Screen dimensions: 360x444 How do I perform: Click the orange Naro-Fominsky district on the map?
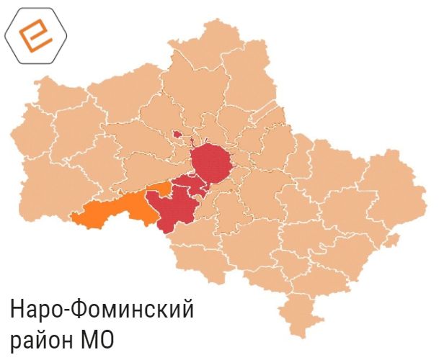point(115,210)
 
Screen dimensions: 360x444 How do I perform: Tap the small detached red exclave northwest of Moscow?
point(176,134)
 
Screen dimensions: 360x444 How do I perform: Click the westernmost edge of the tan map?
point(13,137)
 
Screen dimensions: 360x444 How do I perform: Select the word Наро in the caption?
point(36,310)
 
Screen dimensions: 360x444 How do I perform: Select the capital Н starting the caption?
point(17,310)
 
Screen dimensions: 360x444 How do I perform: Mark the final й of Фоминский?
point(188,310)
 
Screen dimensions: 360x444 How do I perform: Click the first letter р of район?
point(15,341)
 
